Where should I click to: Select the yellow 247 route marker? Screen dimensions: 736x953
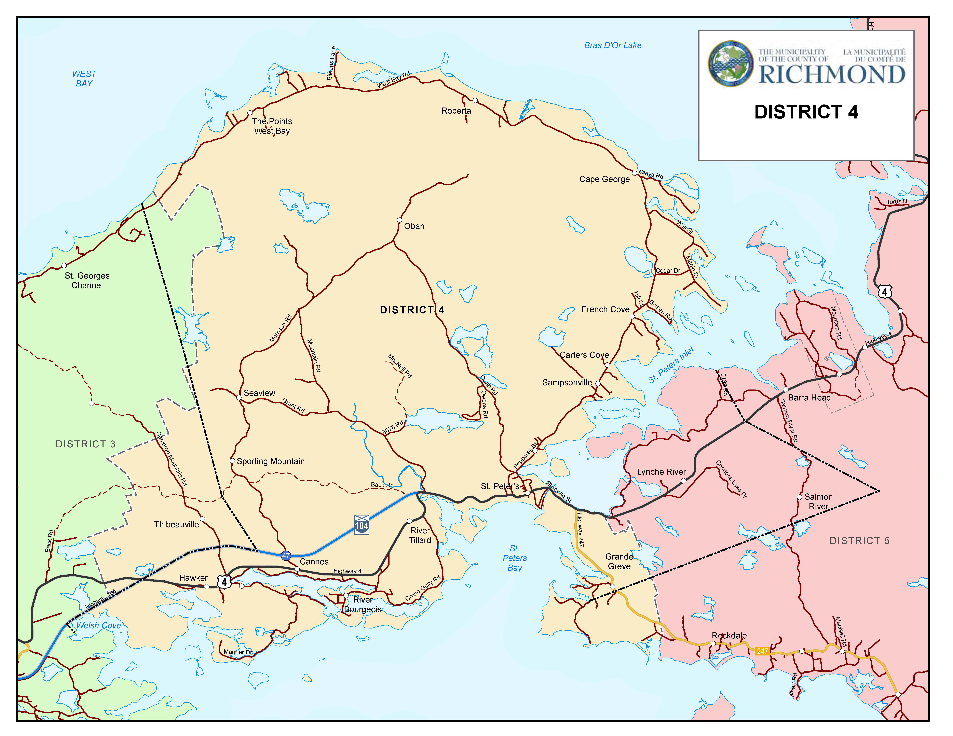tap(762, 651)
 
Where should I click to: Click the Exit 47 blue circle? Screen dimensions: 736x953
tap(286, 556)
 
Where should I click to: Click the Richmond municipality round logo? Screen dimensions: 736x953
tap(731, 64)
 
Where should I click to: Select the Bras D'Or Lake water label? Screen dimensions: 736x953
tap(613, 45)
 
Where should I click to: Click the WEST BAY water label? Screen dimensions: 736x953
tap(84, 79)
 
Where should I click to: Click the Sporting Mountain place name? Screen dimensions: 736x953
tap(271, 461)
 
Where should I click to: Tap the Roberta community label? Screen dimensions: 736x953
tap(456, 111)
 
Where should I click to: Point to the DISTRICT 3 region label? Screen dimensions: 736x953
tap(85, 444)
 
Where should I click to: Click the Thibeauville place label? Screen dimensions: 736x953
tap(176, 524)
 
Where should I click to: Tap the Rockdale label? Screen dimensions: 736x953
tap(729, 636)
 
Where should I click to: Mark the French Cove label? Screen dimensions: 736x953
tap(605, 309)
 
